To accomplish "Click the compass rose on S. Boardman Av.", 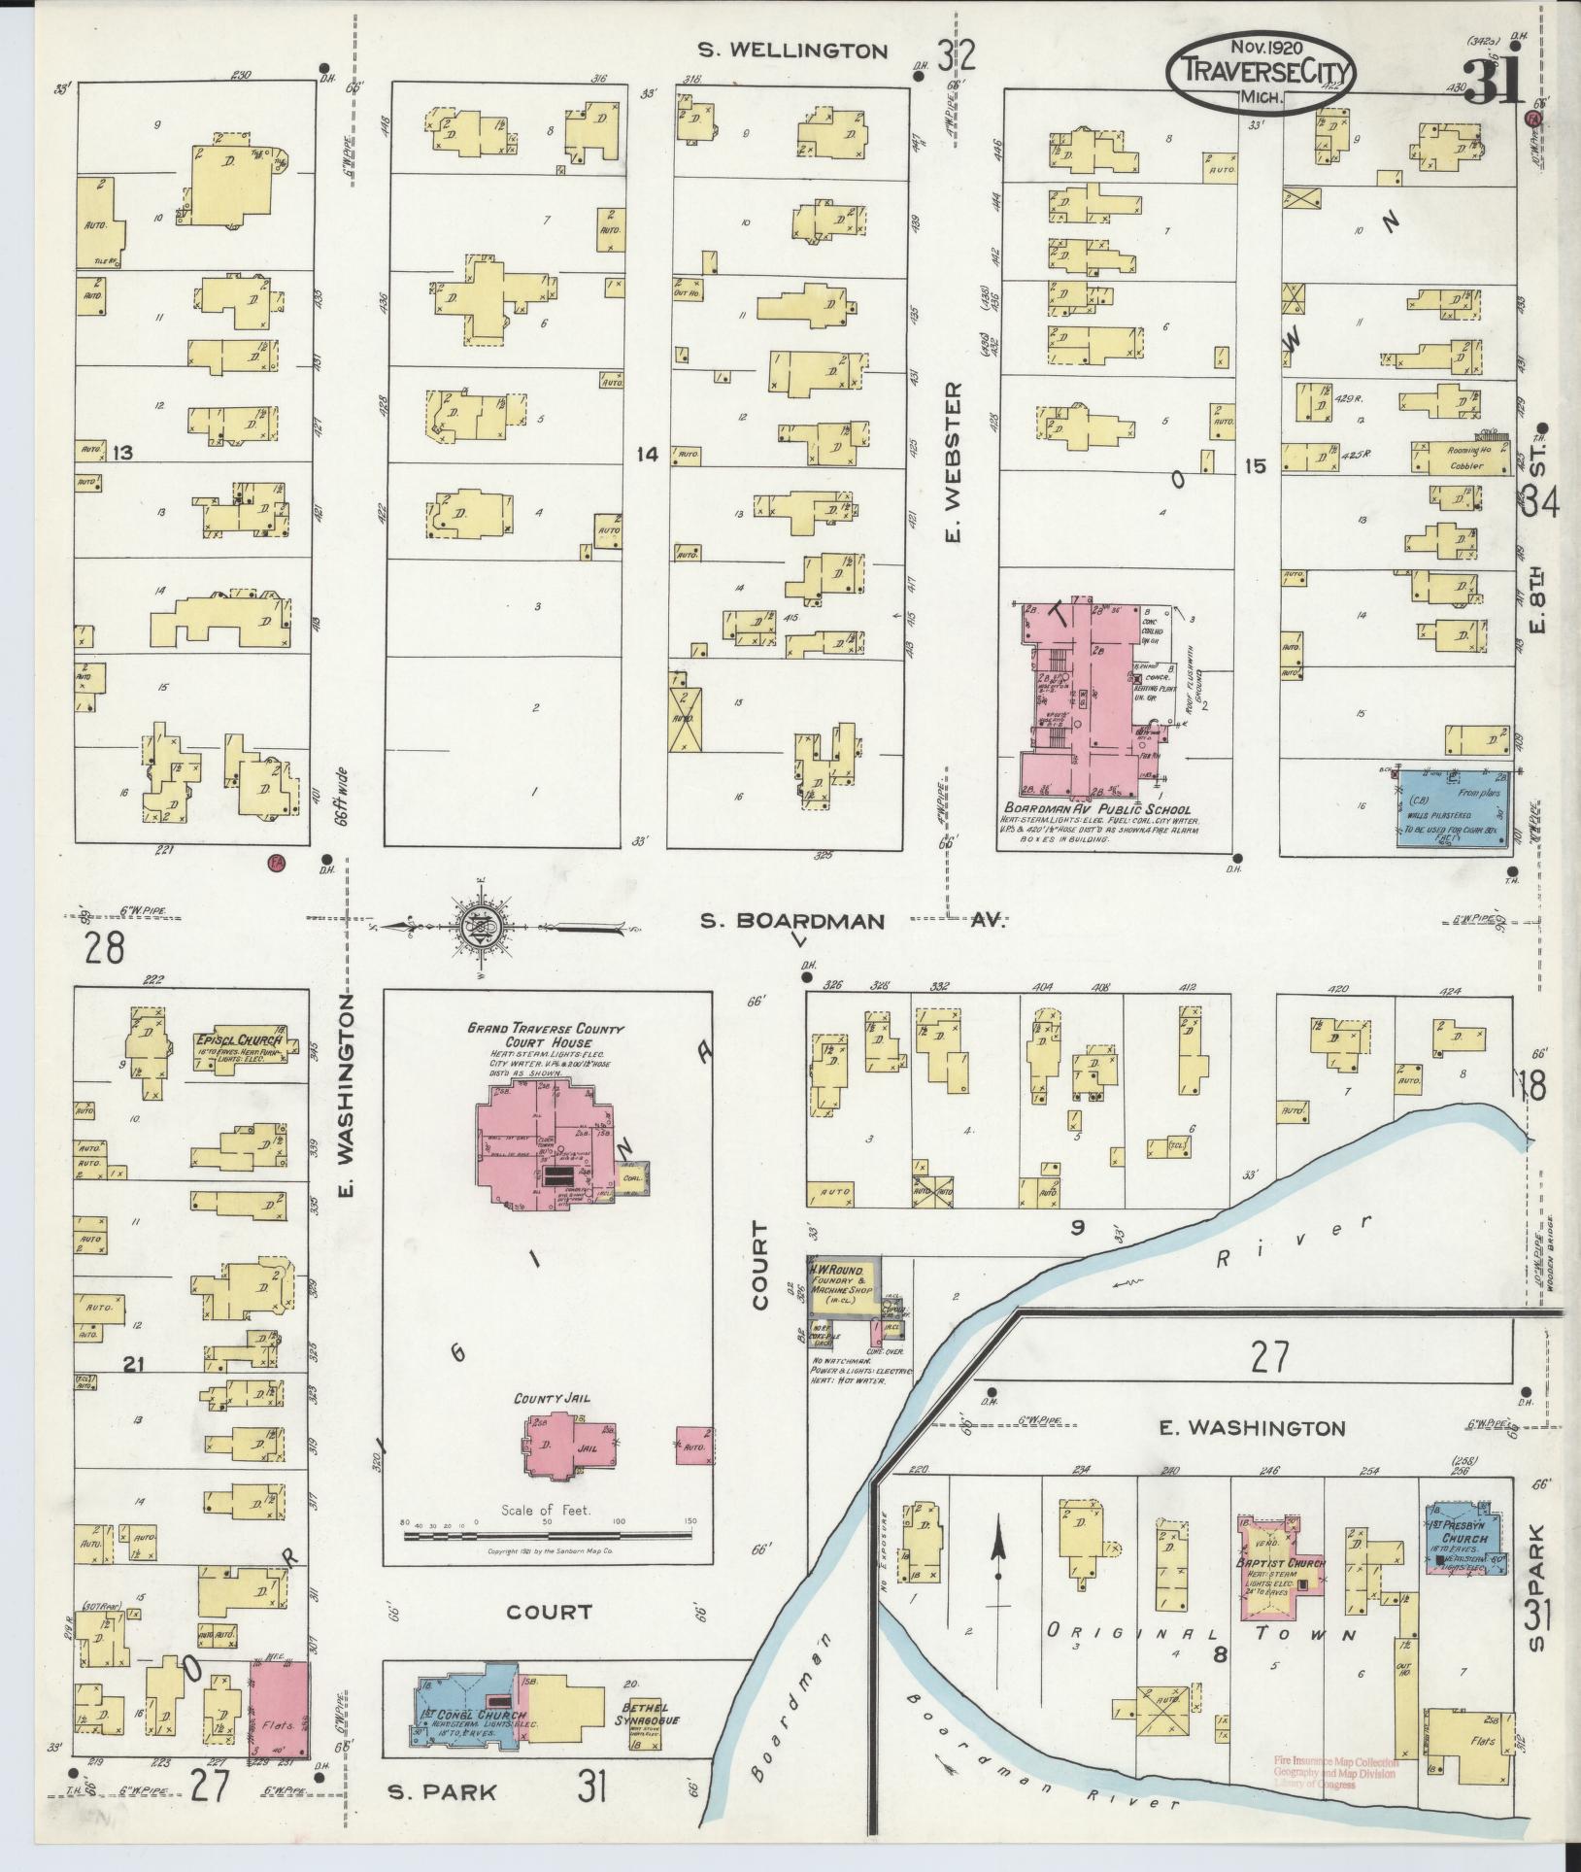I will coord(482,922).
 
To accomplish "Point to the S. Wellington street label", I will coord(792,51).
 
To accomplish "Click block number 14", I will coord(648,454).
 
